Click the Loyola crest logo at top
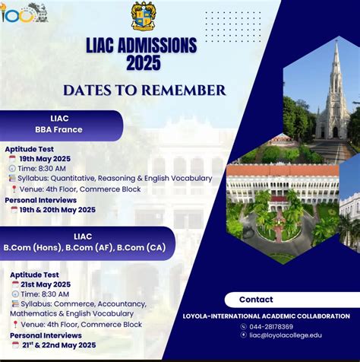[x=143, y=16]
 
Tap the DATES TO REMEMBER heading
[x=144, y=90]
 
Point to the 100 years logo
[x=23, y=13]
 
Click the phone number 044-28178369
[x=272, y=325]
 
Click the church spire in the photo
[x=335, y=76]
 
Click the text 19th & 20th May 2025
[x=58, y=209]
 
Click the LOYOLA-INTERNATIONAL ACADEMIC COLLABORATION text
[x=267, y=316]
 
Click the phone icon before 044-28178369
[x=244, y=325]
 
